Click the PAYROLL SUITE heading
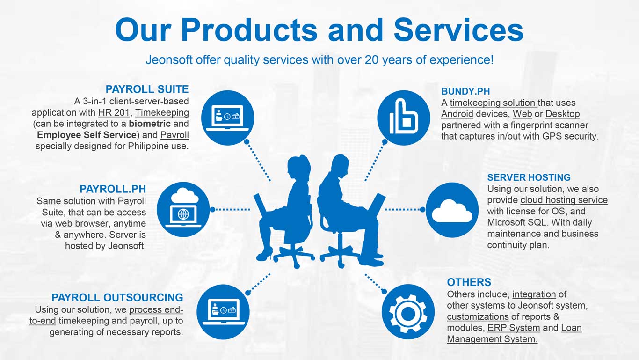click(147, 89)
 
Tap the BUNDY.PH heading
click(465, 91)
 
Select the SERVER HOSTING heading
click(529, 177)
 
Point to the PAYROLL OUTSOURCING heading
click(117, 298)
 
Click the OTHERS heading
click(469, 282)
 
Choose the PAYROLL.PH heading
click(113, 189)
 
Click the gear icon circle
click(408, 312)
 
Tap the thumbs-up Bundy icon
click(404, 118)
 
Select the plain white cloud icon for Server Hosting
click(452, 210)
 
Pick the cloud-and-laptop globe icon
click(183, 210)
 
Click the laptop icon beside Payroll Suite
click(228, 118)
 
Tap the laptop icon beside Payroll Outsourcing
click(223, 312)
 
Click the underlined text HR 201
click(114, 113)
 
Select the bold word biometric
click(150, 124)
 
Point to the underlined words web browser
click(82, 224)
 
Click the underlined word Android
click(457, 114)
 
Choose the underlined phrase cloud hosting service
click(564, 200)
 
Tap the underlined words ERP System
click(514, 328)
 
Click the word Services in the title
click(458, 30)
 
